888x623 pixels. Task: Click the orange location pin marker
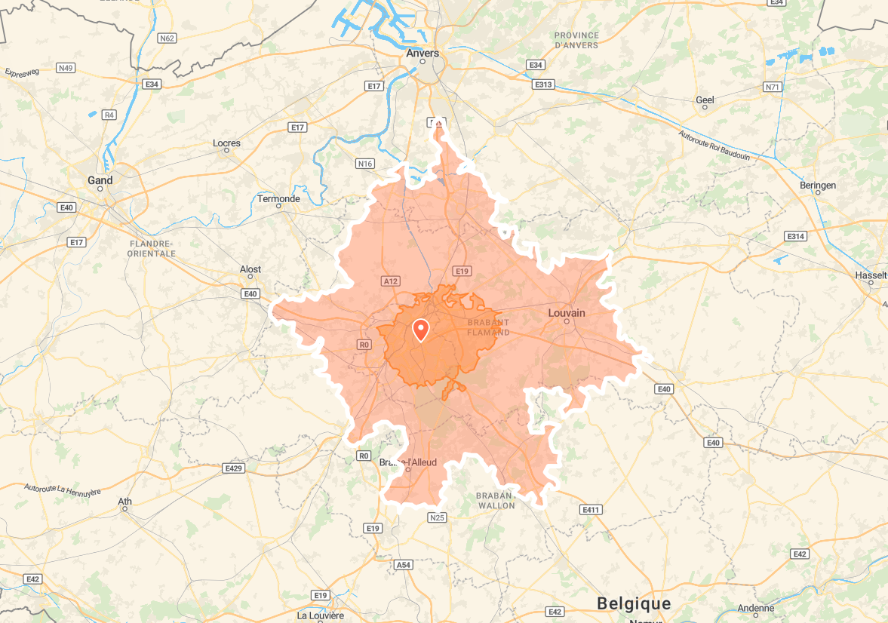pyautogui.click(x=420, y=330)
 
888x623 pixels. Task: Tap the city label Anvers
pyautogui.click(x=422, y=53)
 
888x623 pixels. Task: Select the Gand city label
pyautogui.click(x=100, y=180)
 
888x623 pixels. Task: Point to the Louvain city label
pyautogui.click(x=567, y=312)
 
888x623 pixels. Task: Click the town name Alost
pyautogui.click(x=250, y=269)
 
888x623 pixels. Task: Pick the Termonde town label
pyautogui.click(x=278, y=199)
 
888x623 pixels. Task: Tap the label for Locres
pyautogui.click(x=226, y=143)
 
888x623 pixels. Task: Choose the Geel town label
pyautogui.click(x=705, y=100)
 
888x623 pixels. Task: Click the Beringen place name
pyautogui.click(x=818, y=185)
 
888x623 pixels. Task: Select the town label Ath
pyautogui.click(x=124, y=502)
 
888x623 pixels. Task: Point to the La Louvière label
pyautogui.click(x=321, y=615)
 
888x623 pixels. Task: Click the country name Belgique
pyautogui.click(x=633, y=603)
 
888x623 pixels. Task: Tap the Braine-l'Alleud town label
pyautogui.click(x=407, y=462)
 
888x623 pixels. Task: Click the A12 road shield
pyautogui.click(x=390, y=281)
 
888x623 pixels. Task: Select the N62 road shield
pyautogui.click(x=167, y=38)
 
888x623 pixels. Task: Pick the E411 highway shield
pyautogui.click(x=591, y=510)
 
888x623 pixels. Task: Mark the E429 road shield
pyautogui.click(x=234, y=468)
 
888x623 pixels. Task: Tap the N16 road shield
pyautogui.click(x=365, y=164)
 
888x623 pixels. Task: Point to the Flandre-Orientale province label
pyautogui.click(x=152, y=249)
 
